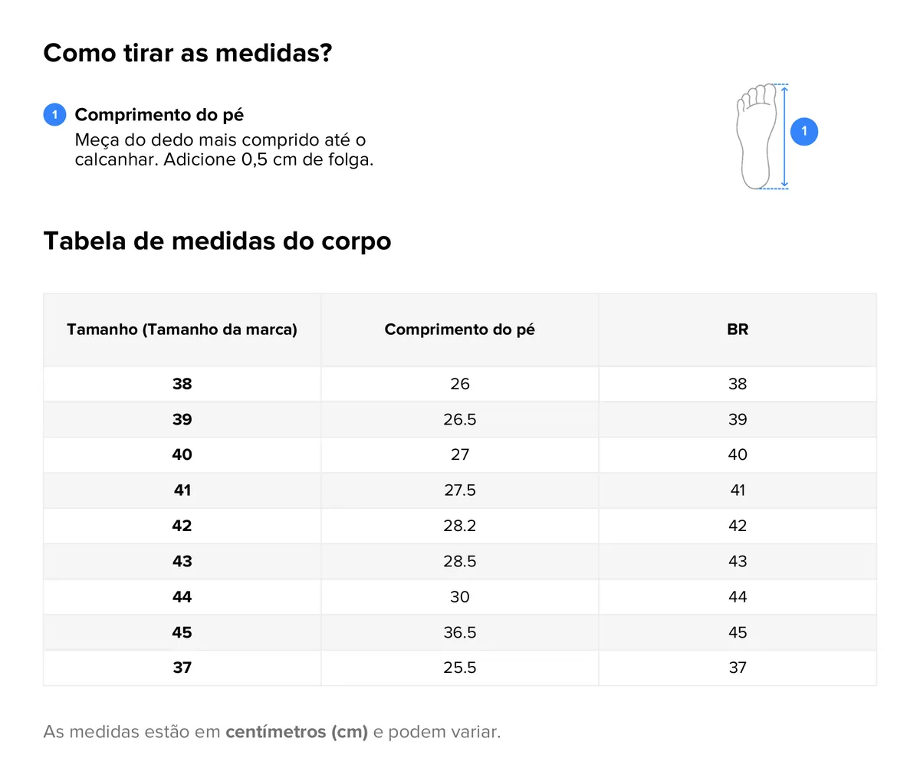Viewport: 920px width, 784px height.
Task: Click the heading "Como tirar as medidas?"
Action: tap(188, 53)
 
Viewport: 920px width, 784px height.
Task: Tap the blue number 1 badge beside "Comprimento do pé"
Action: tap(54, 115)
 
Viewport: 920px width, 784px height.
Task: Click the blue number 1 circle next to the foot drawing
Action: tap(804, 131)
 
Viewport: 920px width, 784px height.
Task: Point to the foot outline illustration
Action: tap(754, 136)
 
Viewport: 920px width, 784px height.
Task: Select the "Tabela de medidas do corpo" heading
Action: tap(217, 241)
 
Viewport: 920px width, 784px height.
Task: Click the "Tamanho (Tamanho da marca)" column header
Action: tap(182, 330)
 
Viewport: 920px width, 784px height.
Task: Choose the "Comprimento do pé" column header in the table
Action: tap(460, 330)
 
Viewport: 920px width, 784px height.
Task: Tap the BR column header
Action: tap(738, 330)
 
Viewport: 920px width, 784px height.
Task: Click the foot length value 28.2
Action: tap(460, 526)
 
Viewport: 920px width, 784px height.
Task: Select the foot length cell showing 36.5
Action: tap(460, 632)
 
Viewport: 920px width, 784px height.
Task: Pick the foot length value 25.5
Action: tap(460, 668)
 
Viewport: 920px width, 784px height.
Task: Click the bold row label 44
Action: tap(182, 597)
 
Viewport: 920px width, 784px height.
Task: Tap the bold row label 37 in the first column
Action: tap(182, 668)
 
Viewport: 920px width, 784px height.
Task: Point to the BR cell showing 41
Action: tap(738, 490)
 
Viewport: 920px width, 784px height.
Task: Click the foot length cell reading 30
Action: tap(460, 597)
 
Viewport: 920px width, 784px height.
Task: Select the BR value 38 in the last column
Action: tap(738, 384)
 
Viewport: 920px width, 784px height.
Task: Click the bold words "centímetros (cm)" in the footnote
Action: tap(297, 732)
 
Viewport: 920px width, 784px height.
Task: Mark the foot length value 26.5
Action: tap(460, 419)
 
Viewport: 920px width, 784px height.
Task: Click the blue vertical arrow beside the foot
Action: tap(784, 136)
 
